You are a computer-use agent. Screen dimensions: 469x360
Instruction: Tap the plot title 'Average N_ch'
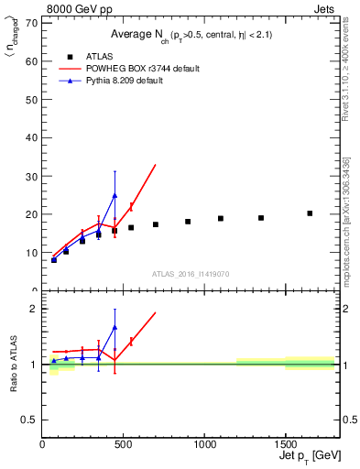pyautogui.click(x=137, y=34)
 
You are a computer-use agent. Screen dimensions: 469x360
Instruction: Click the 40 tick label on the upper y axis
pyautogui.click(x=33, y=137)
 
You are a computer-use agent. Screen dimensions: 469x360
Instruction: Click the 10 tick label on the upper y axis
pyautogui.click(x=33, y=253)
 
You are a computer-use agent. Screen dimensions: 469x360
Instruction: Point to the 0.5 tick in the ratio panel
pyautogui.click(x=30, y=420)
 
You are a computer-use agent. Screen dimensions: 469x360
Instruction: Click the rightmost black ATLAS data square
pyautogui.click(x=310, y=213)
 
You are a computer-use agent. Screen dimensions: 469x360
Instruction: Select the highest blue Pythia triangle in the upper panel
pyautogui.click(x=115, y=195)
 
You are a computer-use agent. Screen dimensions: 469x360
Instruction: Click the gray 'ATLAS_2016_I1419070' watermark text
pyautogui.click(x=190, y=274)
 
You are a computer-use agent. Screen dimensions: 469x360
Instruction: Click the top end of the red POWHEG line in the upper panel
pyautogui.click(x=156, y=165)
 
